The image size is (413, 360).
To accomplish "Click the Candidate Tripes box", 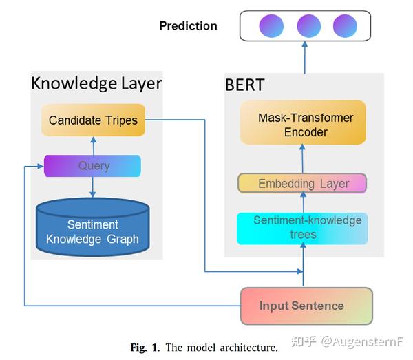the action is [93, 120].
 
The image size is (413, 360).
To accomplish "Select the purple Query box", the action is [92, 166].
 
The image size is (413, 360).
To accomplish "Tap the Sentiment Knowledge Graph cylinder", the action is [93, 227].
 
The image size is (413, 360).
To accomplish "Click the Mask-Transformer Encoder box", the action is [303, 123].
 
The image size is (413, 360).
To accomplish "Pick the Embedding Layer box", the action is [302, 183].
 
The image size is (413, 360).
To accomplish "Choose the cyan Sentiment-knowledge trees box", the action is [302, 229].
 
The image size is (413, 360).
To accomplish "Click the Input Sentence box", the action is [306, 306].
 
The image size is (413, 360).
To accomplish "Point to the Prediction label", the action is [189, 25].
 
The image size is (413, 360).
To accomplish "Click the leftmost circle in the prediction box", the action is [271, 26].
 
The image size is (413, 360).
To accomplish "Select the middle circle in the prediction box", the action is [308, 26].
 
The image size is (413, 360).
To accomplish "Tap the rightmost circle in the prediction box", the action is [345, 26].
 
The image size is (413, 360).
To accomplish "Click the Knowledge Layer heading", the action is [96, 83].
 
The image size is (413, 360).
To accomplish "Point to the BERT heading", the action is [244, 85].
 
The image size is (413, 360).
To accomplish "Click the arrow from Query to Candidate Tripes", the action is [94, 146].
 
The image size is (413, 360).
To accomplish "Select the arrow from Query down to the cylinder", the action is [92, 187].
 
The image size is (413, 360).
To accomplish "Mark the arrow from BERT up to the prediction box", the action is [305, 57].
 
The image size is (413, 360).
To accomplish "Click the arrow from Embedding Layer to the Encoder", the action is [303, 158].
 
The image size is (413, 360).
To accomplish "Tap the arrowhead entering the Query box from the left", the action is [41, 166].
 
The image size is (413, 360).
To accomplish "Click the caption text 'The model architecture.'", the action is [222, 348].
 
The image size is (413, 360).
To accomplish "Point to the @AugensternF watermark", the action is [362, 342].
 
